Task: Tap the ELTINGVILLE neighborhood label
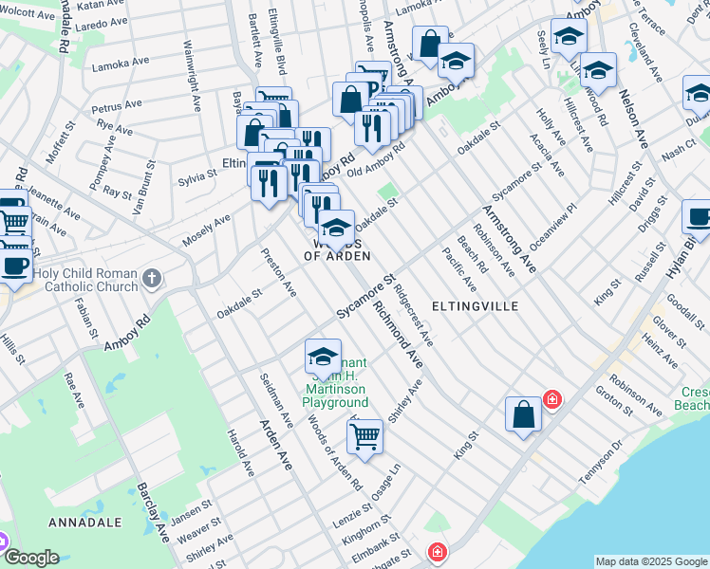475,306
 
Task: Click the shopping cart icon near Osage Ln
364,437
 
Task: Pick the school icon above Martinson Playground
323,358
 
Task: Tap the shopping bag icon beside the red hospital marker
523,414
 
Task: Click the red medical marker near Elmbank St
437,551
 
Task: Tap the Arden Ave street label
276,446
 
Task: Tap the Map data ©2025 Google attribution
650,561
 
